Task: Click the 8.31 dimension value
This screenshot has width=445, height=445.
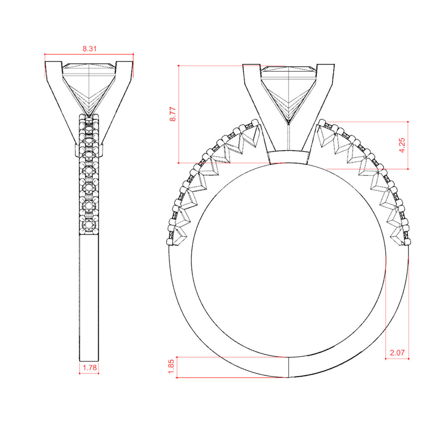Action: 90,49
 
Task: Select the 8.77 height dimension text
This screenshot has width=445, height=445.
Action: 173,114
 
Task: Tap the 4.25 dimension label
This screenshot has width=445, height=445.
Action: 402,145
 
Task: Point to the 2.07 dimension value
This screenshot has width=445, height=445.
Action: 397,353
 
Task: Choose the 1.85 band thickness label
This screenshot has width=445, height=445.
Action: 171,367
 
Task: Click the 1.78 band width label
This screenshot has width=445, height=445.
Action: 90,368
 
